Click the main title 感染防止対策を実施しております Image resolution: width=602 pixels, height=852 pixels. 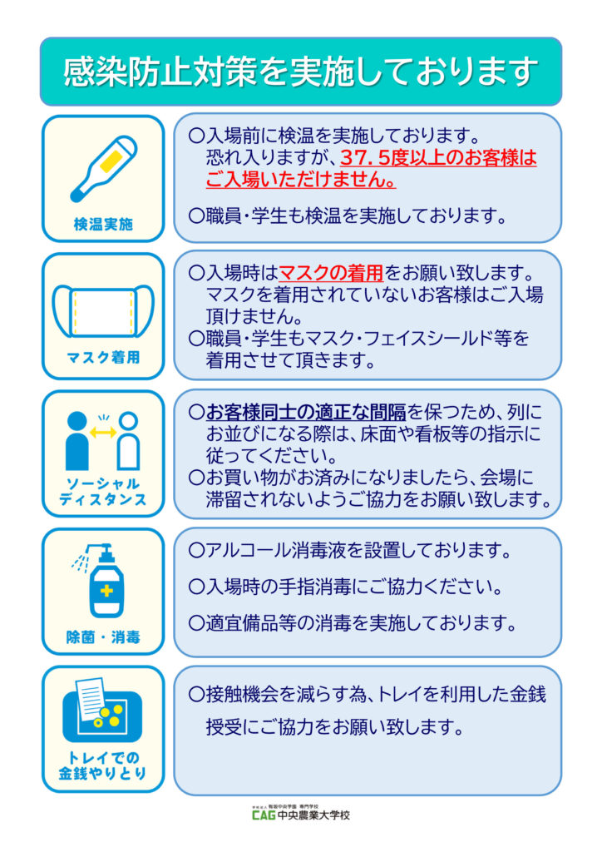click(300, 71)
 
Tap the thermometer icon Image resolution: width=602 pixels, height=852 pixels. click(103, 169)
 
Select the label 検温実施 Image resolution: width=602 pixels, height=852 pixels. click(103, 225)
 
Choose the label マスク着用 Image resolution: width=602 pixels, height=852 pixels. click(103, 359)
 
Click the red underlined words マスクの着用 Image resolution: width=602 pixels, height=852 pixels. click(330, 272)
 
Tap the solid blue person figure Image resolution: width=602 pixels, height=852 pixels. click(77, 441)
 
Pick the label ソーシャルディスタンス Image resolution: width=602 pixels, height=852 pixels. click(103, 492)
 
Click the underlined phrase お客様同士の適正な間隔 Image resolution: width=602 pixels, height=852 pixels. click(305, 411)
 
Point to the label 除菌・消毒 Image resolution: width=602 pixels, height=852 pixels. click(103, 638)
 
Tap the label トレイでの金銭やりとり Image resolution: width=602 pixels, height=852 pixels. click(103, 765)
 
